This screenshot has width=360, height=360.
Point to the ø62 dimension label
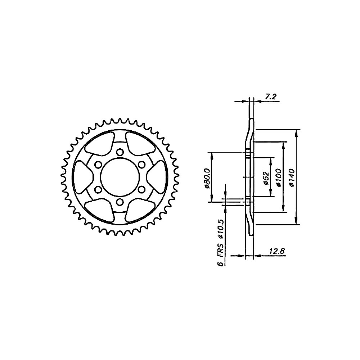point(266,177)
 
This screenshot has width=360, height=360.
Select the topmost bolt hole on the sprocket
point(120,152)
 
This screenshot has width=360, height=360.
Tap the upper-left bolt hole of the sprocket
point(98,164)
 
